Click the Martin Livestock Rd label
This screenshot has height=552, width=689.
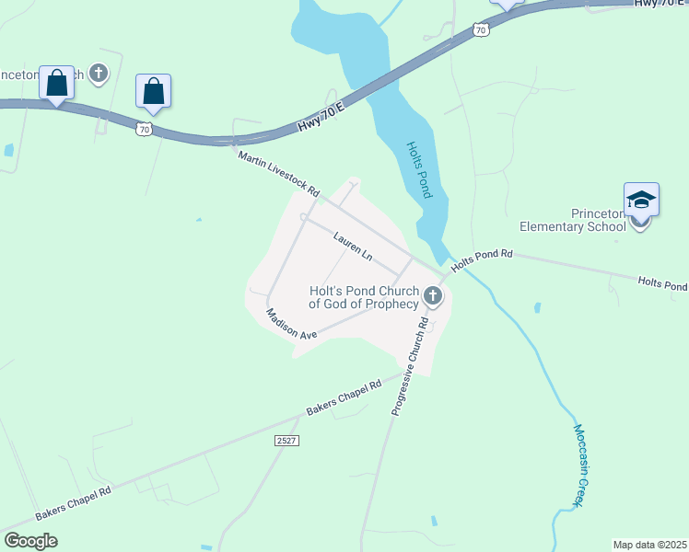point(278,175)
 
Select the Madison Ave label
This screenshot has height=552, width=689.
point(291,324)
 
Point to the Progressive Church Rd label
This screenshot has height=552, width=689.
point(411,366)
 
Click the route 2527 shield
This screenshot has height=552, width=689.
point(286,442)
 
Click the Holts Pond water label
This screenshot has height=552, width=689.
point(418,169)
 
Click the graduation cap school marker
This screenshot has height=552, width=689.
point(641,201)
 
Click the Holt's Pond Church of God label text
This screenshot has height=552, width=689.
point(363,297)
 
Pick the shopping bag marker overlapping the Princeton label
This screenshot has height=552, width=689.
point(57,83)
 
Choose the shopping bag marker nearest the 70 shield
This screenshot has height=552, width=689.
point(153,91)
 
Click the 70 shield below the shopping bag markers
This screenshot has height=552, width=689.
point(144,130)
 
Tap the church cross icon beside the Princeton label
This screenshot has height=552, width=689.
point(99,73)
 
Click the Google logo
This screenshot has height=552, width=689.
point(30,541)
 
